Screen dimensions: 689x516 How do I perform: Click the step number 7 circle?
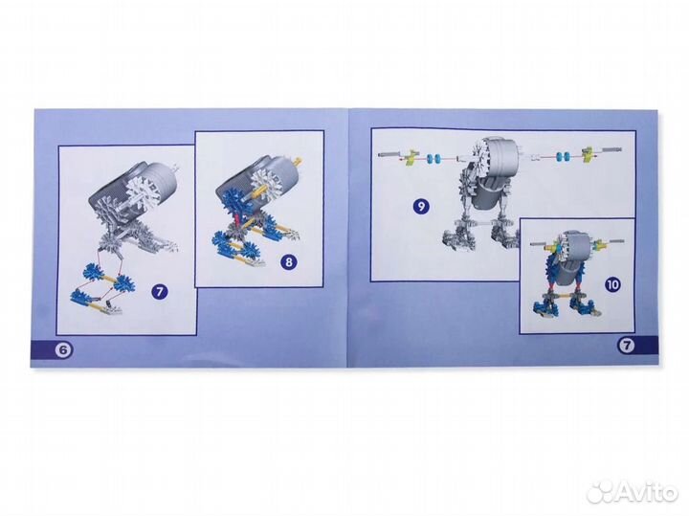tap(160, 292)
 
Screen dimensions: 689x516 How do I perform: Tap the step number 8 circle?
tap(289, 263)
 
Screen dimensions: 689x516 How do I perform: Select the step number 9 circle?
tap(421, 207)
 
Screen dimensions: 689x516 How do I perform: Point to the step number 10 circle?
tap(612, 284)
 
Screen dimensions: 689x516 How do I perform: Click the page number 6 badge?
tap(64, 349)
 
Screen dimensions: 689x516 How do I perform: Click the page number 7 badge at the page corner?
tap(627, 346)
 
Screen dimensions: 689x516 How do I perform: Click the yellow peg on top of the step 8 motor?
tap(300, 161)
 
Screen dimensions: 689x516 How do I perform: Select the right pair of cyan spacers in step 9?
tap(564, 156)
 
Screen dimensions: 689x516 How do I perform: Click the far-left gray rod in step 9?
tap(389, 154)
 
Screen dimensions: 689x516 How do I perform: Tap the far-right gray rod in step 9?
tap(611, 150)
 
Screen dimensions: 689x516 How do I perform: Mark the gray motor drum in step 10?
tap(574, 247)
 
